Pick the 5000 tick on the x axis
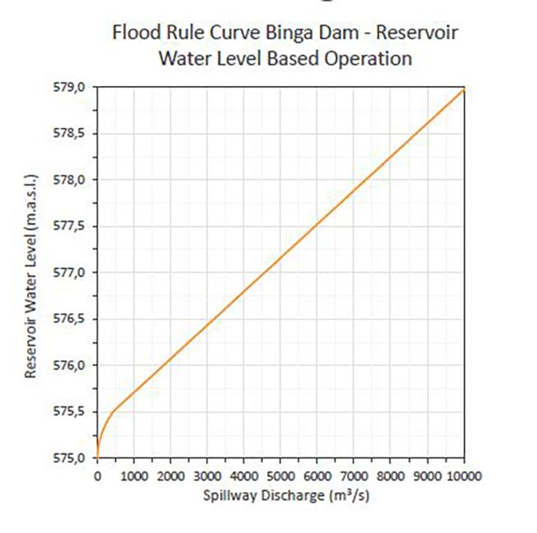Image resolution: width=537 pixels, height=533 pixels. (x=280, y=476)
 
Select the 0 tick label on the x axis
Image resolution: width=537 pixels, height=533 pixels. (x=97, y=476)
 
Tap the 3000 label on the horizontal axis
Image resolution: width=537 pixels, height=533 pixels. (x=207, y=476)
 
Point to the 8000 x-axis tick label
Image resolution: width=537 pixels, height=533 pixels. (x=391, y=476)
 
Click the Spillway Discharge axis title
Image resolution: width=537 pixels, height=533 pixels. (x=280, y=495)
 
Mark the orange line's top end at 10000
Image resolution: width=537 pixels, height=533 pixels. (x=464, y=87)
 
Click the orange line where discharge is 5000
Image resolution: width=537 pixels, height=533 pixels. (x=280, y=257)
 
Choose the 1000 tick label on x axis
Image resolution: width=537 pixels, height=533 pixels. (x=134, y=476)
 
